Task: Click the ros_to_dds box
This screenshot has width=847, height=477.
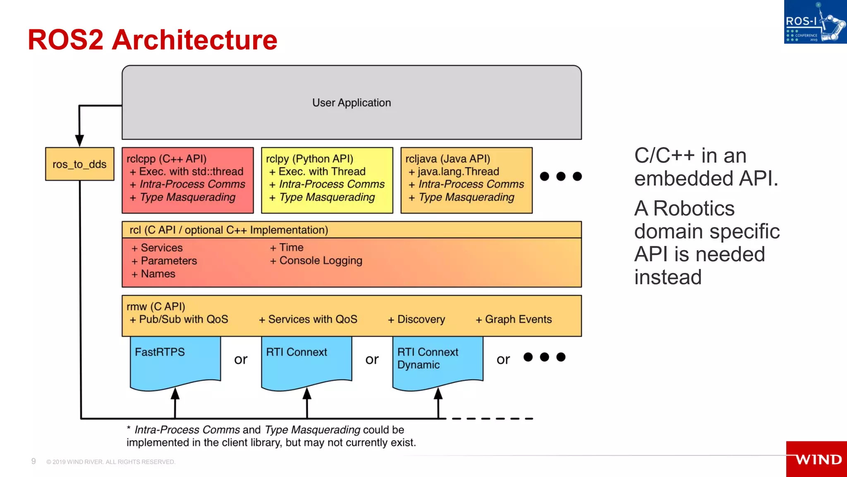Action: click(79, 164)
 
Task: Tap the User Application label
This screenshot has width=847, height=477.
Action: click(351, 103)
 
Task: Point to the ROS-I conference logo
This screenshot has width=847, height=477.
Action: click(815, 22)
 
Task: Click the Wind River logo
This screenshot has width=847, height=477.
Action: click(817, 459)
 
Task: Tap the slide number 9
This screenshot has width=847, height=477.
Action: click(33, 461)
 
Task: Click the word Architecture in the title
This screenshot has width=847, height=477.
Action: click(194, 40)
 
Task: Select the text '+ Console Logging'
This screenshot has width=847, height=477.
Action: click(316, 260)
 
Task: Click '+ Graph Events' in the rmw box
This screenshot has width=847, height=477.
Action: click(514, 319)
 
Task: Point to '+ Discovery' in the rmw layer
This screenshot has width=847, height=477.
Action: click(416, 319)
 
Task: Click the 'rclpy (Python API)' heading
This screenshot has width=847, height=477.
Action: click(309, 159)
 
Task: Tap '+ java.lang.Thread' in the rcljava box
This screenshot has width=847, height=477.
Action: click(454, 171)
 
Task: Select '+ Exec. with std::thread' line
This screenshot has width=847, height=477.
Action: click(187, 171)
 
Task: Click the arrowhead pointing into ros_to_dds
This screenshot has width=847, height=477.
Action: click(79, 140)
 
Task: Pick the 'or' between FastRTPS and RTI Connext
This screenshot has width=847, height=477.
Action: click(241, 359)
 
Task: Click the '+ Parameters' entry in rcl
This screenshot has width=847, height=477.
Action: click(164, 261)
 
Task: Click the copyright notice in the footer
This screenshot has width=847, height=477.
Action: click(111, 462)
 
